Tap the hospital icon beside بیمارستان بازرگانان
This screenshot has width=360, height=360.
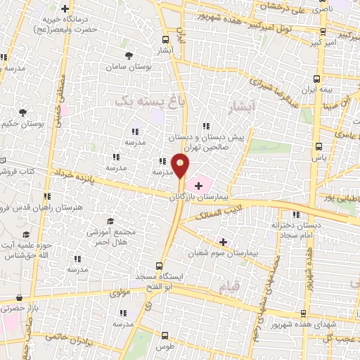tap(198, 186)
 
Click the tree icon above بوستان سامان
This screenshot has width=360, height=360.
tap(127, 55)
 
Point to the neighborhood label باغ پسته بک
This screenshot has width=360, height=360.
tap(141, 102)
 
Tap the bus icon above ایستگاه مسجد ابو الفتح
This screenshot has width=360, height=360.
tap(159, 266)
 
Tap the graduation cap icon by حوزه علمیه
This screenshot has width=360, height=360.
tap(27, 234)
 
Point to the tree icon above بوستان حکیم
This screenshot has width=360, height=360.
tap(23, 112)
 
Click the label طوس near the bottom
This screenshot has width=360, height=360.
tap(165, 347)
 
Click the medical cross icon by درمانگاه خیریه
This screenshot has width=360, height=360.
tap(65, 9)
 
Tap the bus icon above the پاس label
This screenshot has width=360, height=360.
tap(320, 147)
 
